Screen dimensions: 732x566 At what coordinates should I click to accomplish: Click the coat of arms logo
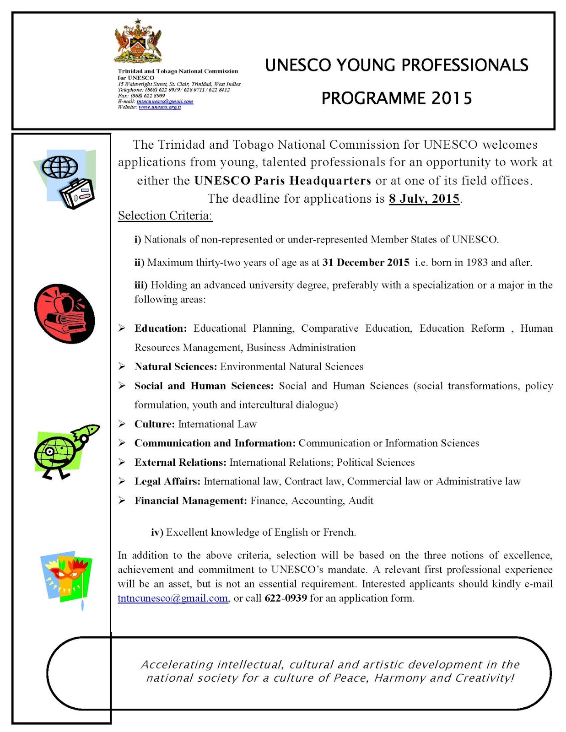[x=138, y=42]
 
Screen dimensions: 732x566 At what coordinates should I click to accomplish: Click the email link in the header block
[x=165, y=102]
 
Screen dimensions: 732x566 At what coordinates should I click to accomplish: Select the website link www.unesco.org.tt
[x=160, y=107]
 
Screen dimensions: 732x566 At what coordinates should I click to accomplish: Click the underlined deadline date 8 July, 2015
[x=424, y=199]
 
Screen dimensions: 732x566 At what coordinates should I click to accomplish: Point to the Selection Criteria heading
[x=165, y=215]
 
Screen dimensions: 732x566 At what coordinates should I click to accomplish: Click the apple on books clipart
[x=65, y=314]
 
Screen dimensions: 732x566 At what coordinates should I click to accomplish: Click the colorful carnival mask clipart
[x=67, y=577]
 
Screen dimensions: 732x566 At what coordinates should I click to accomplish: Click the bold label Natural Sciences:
[x=175, y=366]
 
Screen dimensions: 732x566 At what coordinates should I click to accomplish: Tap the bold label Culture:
[x=154, y=424]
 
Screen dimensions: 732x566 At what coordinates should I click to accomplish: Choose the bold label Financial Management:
[x=190, y=501]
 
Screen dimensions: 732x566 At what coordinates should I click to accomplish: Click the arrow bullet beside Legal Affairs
[x=122, y=481]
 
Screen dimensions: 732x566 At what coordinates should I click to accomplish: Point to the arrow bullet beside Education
[x=122, y=328]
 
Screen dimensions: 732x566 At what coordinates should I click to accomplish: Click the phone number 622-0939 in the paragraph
[x=286, y=598]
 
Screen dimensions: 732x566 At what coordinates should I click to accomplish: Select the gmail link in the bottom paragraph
[x=172, y=598]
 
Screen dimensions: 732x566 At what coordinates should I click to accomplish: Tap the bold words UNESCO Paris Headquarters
[x=282, y=181]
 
